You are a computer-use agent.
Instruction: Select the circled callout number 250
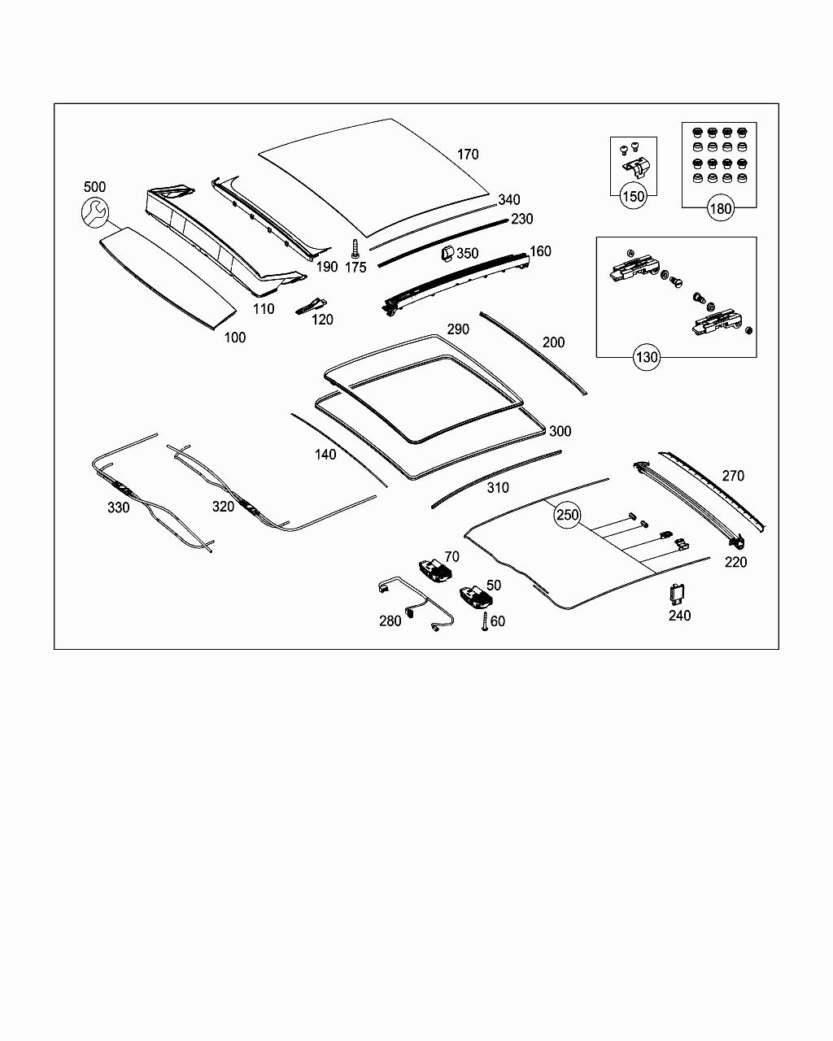(x=567, y=516)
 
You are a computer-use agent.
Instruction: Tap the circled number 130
(x=647, y=356)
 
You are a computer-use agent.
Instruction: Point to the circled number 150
(x=633, y=196)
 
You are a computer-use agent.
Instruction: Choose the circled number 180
(x=720, y=208)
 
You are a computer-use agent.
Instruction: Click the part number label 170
(x=468, y=155)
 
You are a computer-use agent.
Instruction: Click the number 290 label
(x=458, y=329)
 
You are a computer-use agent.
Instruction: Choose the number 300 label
(x=560, y=431)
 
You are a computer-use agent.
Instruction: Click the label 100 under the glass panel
(x=234, y=338)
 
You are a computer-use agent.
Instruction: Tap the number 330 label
(x=118, y=507)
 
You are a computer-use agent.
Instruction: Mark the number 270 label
(x=732, y=476)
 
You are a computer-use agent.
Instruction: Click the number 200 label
(x=553, y=342)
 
